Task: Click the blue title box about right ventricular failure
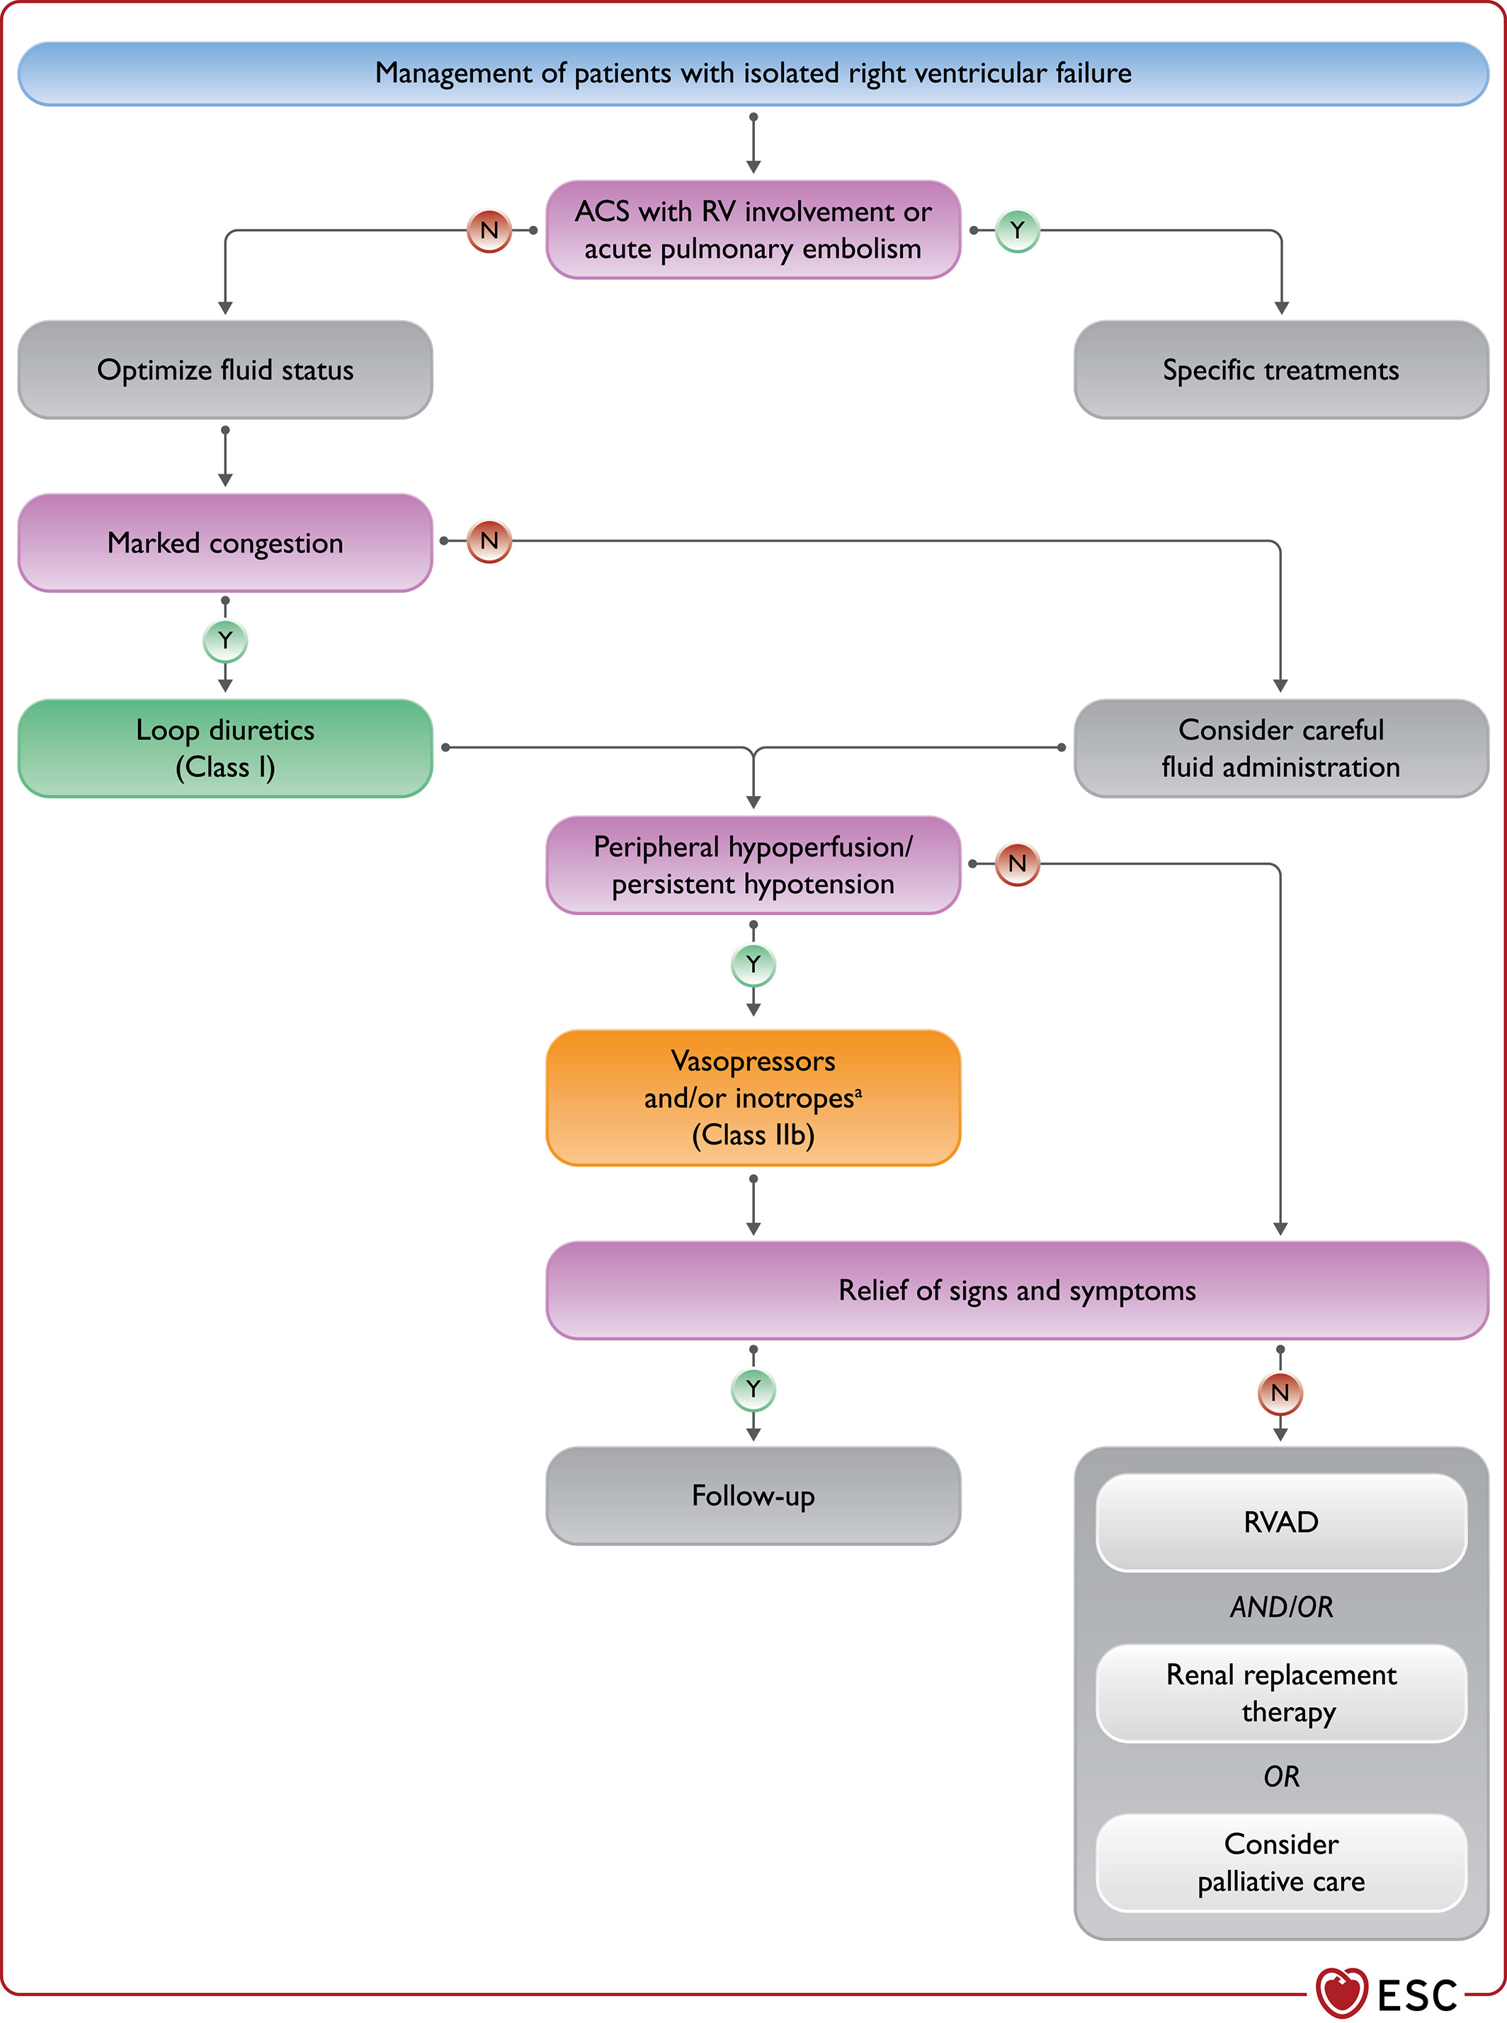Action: (753, 73)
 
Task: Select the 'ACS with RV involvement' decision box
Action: (753, 230)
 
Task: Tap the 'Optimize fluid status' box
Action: (225, 370)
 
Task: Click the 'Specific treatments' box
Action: (1281, 370)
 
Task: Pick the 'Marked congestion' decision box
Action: (225, 543)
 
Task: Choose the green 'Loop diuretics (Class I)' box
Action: (225, 748)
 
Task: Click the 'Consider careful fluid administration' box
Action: (1281, 748)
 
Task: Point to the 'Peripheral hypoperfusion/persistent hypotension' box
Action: (753, 865)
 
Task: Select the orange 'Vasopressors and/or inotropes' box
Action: (753, 1098)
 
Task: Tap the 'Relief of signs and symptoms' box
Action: (1017, 1291)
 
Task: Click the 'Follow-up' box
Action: (753, 1495)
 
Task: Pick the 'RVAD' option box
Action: (1281, 1522)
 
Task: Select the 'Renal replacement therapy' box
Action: (1281, 1693)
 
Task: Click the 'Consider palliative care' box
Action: (1281, 1862)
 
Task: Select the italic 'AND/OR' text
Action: (1281, 1607)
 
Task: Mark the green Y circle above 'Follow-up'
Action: (753, 1390)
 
